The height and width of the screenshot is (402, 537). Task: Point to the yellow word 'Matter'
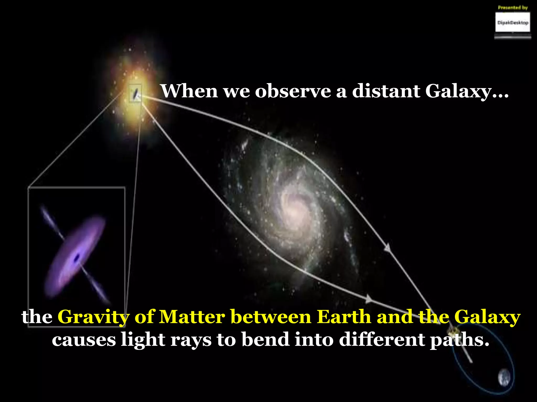coord(192,317)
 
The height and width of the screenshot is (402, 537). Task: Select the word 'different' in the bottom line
coord(382,339)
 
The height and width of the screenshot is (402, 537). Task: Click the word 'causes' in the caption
coord(84,340)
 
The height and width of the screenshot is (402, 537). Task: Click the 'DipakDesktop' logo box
coord(513,23)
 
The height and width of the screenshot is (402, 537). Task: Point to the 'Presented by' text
coord(513,8)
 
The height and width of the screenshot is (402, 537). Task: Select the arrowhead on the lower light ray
coord(369,299)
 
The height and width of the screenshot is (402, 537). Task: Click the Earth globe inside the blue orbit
coord(504,377)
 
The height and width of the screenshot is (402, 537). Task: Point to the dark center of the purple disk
coord(77,258)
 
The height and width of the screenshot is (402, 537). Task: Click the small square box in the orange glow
coord(136,93)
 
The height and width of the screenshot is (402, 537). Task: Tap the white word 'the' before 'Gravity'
coord(37,317)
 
